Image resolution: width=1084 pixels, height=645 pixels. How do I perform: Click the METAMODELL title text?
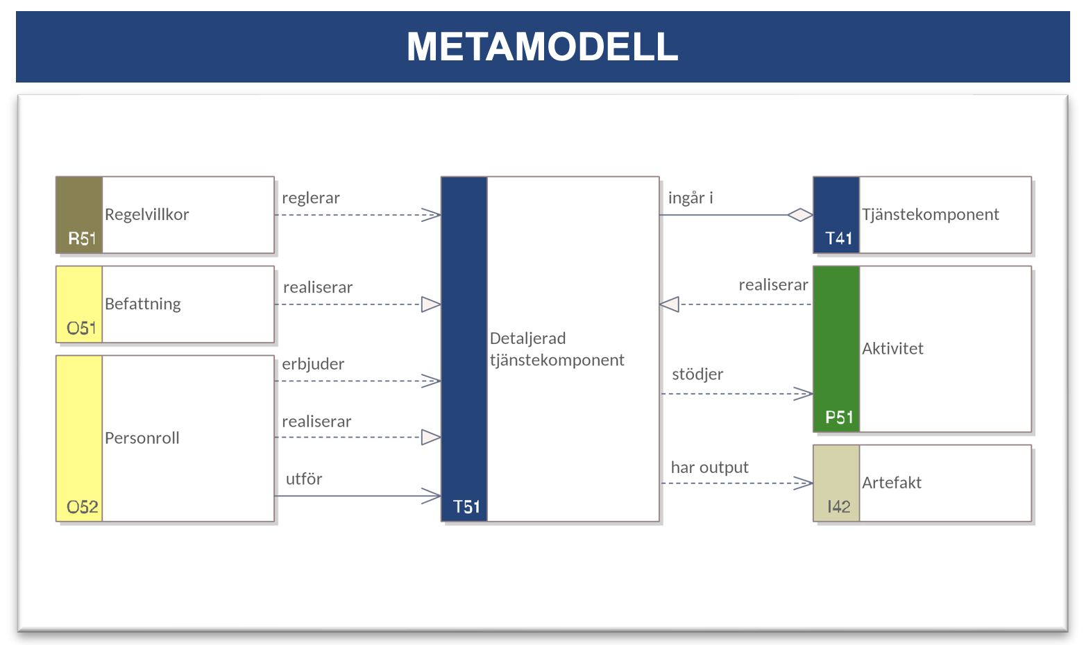click(x=542, y=46)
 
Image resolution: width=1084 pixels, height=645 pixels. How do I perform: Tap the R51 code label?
click(x=82, y=239)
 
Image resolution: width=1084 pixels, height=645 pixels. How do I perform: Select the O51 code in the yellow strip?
click(x=81, y=328)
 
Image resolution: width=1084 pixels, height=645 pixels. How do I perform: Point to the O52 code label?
click(x=83, y=507)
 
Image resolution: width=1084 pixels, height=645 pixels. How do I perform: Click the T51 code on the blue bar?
click(x=466, y=507)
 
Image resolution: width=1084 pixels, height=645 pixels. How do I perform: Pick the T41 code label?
click(x=838, y=239)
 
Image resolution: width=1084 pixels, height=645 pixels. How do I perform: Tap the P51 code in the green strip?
click(x=839, y=417)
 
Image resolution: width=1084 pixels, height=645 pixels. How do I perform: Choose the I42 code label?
click(x=838, y=507)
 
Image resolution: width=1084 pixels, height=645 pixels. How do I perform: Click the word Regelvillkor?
click(x=146, y=214)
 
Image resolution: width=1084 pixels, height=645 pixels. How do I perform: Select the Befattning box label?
click(x=143, y=304)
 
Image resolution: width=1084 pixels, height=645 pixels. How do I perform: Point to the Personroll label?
click(x=142, y=438)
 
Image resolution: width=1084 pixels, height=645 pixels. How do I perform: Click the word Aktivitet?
click(x=892, y=348)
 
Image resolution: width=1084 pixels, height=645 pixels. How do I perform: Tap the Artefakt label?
click(x=891, y=482)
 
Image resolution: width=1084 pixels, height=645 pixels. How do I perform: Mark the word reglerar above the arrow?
click(x=311, y=198)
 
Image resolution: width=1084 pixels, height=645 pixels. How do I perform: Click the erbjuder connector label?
click(x=313, y=363)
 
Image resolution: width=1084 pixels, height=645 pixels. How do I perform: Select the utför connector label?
click(x=304, y=479)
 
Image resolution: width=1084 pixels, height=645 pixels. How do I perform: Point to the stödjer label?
click(x=697, y=374)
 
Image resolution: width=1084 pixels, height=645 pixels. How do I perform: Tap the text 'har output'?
click(x=709, y=467)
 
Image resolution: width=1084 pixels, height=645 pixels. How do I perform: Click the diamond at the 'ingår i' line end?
click(x=800, y=215)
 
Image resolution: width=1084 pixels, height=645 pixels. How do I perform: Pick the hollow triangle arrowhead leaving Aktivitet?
click(x=669, y=304)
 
